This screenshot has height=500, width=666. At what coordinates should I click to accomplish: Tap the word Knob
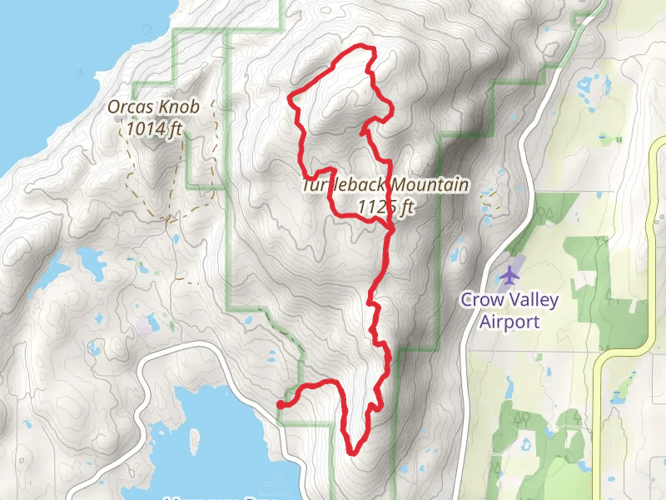click(167, 107)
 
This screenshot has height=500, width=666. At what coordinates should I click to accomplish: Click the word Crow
click(480, 301)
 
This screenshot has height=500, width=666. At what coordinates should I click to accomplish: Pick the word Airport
click(510, 322)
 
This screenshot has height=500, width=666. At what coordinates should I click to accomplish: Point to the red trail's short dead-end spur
click(363, 131)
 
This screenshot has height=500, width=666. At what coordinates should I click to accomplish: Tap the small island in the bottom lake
click(196, 438)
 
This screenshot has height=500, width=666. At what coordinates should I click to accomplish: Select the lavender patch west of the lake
click(147, 324)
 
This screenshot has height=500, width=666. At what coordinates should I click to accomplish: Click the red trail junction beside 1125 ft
click(391, 227)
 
